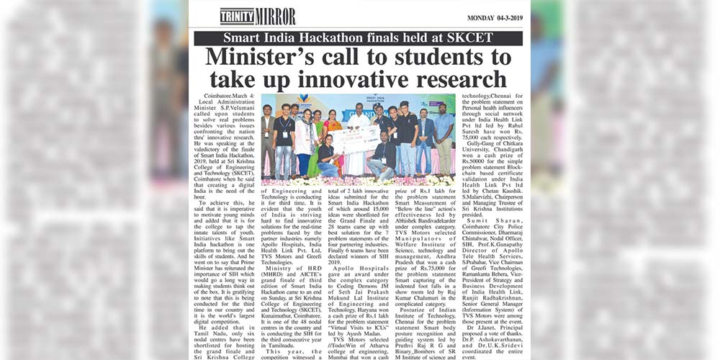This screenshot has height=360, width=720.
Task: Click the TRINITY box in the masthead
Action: click(237, 16)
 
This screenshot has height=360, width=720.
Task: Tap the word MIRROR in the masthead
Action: click(275, 16)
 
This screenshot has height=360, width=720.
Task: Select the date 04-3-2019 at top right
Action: click(505, 17)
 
